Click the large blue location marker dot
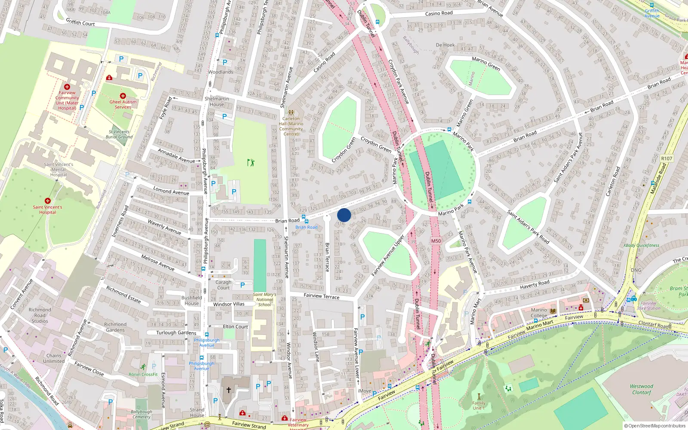coord(344,215)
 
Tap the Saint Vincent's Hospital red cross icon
coord(48,201)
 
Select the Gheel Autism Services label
coord(123,104)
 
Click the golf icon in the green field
coord(251,162)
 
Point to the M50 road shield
coord(436,241)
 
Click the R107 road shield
coord(666,159)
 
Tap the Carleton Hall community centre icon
coord(291,112)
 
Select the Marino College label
coord(539,313)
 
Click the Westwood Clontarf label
coord(642,389)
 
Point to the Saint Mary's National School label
coord(264,300)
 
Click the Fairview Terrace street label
coord(321,296)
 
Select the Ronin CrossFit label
coord(143,374)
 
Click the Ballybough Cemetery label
coord(141,414)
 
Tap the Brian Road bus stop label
coord(307,227)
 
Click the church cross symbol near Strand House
coord(229,390)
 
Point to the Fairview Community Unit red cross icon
coord(67,87)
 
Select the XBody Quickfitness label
coord(641,246)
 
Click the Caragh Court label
coord(223,285)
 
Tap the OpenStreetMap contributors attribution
coord(655,426)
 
